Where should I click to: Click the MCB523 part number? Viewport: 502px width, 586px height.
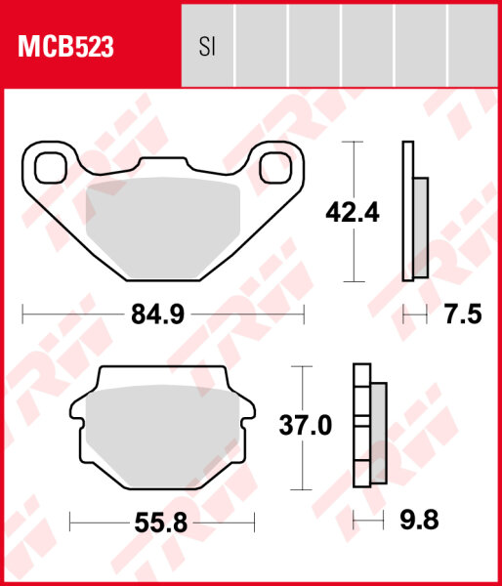tap(63, 45)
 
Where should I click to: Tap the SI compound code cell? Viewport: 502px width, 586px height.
tap(207, 46)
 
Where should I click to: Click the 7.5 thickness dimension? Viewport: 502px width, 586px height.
tap(463, 314)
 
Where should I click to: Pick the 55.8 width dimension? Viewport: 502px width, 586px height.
tap(161, 523)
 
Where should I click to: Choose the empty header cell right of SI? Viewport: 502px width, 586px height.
tap(261, 46)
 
